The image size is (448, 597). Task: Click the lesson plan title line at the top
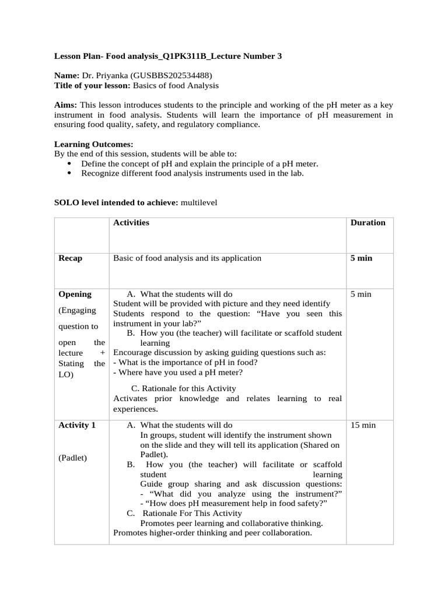tap(168, 57)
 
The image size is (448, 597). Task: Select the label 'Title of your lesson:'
tap(92, 86)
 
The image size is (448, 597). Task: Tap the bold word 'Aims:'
tap(66, 105)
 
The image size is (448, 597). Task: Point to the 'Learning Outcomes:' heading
tap(93, 144)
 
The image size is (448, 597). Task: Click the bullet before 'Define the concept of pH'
tap(71, 164)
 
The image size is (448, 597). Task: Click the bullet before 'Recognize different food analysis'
tap(71, 173)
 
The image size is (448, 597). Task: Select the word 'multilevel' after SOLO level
tap(199, 202)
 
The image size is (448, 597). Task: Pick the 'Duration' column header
tap(367, 223)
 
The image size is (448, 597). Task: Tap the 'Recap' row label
tap(70, 258)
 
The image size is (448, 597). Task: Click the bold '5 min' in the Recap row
tap(361, 258)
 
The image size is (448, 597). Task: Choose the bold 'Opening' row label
tap(75, 294)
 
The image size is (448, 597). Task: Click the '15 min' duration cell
tap(363, 426)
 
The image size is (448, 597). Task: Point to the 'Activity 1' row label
tap(77, 426)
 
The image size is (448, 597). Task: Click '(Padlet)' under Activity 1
tap(73, 458)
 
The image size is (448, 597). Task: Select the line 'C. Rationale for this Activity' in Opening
tap(183, 388)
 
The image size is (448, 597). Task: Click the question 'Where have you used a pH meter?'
tap(178, 373)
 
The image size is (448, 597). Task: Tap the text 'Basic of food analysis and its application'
tap(187, 258)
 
